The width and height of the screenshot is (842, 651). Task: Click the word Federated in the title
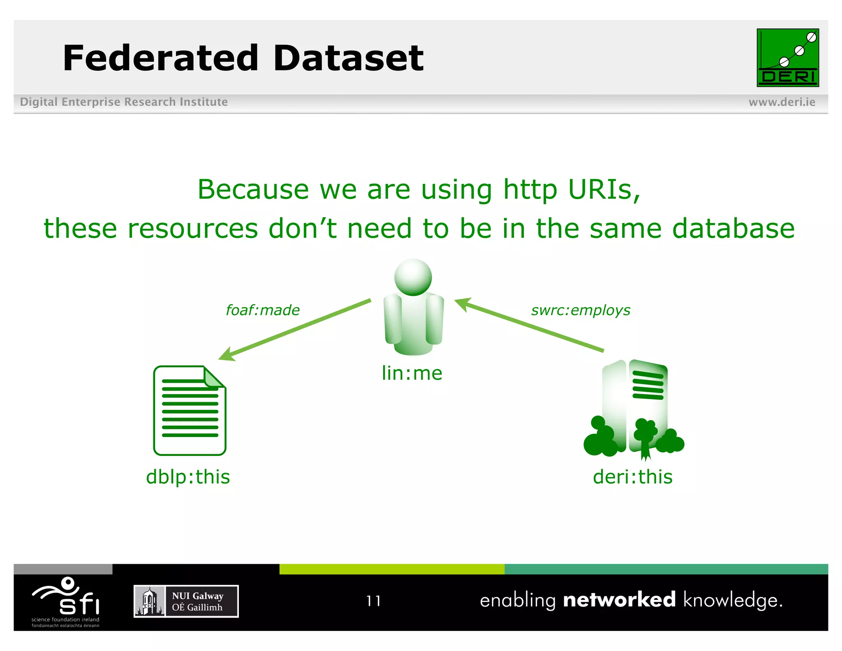click(160, 58)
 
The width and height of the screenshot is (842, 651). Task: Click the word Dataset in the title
click(348, 58)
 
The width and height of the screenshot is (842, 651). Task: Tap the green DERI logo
click(787, 58)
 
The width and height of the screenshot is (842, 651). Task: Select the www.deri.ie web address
click(782, 102)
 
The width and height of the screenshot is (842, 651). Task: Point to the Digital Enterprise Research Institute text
click(124, 102)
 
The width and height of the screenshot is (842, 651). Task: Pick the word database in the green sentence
click(733, 228)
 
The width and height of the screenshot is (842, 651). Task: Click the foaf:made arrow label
click(263, 310)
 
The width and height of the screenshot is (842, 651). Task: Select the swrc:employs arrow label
click(581, 310)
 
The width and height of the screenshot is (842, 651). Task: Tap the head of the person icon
click(413, 277)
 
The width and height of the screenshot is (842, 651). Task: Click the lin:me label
click(412, 373)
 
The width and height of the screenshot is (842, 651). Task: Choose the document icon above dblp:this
click(190, 410)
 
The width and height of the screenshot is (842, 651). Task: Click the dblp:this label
click(188, 477)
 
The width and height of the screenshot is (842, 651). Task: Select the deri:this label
click(632, 477)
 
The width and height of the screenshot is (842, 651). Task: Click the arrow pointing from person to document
click(295, 329)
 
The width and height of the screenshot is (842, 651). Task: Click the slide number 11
click(374, 601)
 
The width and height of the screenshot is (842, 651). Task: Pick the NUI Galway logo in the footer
click(186, 601)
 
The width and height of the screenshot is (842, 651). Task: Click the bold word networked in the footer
click(619, 600)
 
